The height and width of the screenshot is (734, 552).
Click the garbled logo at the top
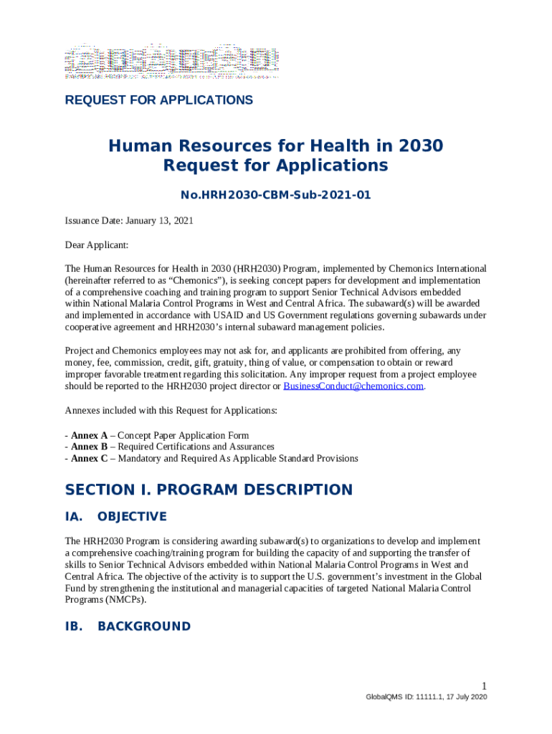(172, 62)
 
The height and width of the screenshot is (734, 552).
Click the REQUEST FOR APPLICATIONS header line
(158, 100)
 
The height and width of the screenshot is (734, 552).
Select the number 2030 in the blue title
(417, 146)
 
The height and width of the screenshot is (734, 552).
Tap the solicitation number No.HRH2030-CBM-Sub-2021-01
(275, 195)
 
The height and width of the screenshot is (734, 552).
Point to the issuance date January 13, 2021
(158, 221)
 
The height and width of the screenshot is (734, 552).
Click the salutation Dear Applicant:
(97, 245)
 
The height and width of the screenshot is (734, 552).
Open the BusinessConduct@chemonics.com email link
(353, 386)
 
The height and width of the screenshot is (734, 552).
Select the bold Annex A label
(89, 435)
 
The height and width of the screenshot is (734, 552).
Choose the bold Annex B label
(89, 447)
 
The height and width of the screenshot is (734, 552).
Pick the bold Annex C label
(89, 458)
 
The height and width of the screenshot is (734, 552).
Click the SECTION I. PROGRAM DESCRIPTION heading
(209, 490)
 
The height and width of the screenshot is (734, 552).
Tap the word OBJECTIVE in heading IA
(132, 517)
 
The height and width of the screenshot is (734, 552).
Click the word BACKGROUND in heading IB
(144, 626)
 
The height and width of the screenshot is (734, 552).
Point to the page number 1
(485, 685)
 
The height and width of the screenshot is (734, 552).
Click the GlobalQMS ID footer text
(427, 697)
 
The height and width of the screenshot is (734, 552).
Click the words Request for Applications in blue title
(275, 166)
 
